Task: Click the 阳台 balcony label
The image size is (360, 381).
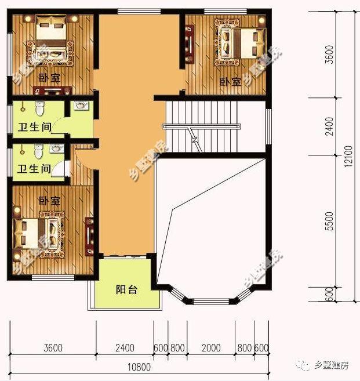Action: point(126,289)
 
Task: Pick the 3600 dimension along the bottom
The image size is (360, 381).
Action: point(53,347)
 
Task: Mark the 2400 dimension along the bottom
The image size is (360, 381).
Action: point(124,347)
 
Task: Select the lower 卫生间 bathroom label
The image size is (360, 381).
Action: point(31,169)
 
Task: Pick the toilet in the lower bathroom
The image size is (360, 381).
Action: point(38,150)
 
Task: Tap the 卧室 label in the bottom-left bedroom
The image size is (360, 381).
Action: point(49,201)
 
